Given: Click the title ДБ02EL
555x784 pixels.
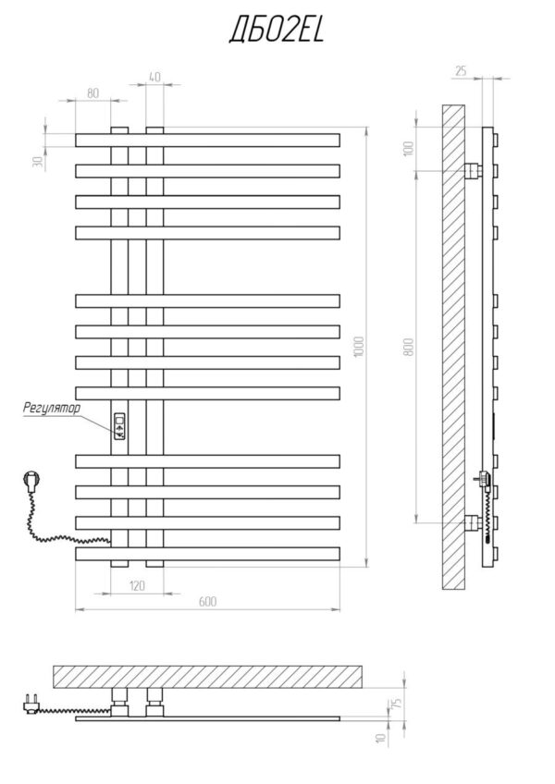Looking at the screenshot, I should click(x=276, y=32).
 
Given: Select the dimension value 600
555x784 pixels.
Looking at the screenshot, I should click(x=207, y=602).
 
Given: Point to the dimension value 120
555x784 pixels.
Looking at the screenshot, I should click(x=137, y=585).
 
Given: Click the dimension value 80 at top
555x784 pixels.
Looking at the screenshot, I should click(x=92, y=92).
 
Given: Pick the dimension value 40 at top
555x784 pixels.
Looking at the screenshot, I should click(x=154, y=78).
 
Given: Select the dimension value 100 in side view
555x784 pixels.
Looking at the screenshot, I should click(x=409, y=149).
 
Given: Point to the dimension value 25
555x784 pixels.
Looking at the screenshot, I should click(x=460, y=70).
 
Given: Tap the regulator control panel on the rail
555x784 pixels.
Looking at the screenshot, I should click(x=119, y=426).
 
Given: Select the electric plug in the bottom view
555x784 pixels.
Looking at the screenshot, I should click(x=28, y=704).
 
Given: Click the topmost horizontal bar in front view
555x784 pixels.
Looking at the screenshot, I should click(x=207, y=141).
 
